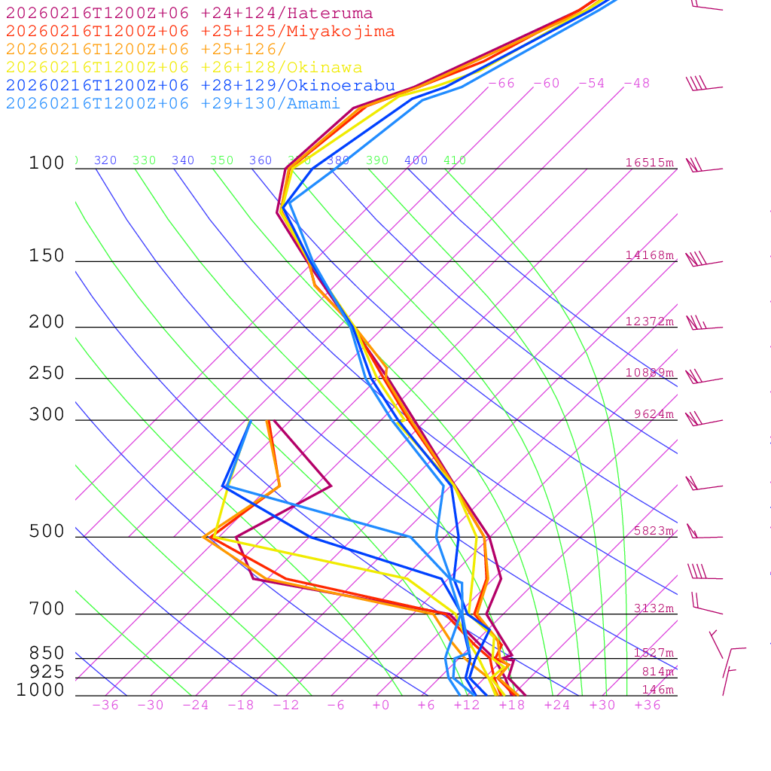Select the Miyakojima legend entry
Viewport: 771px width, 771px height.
(200, 32)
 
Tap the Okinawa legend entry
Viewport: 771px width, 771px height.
(184, 68)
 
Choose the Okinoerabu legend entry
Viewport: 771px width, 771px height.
(200, 86)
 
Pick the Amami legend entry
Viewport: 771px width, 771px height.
(172, 104)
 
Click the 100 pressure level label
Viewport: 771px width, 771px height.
(47, 163)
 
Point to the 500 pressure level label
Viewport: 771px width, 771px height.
(47, 532)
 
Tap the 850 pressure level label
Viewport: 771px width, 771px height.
(47, 654)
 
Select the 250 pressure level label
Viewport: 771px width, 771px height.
(47, 373)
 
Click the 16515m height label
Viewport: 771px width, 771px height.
(650, 163)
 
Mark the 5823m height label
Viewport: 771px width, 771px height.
(654, 531)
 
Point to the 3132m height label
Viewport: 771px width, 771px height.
(654, 608)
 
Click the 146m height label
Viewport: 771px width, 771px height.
(657, 690)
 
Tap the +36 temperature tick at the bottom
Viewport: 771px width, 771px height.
(648, 705)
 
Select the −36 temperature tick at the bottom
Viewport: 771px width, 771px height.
(105, 705)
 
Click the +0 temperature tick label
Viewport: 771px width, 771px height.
(381, 705)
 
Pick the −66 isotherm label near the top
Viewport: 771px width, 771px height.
(501, 84)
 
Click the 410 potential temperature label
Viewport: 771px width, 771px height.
(455, 160)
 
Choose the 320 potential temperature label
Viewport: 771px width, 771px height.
(105, 160)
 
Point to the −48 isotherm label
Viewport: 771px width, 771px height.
(637, 84)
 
